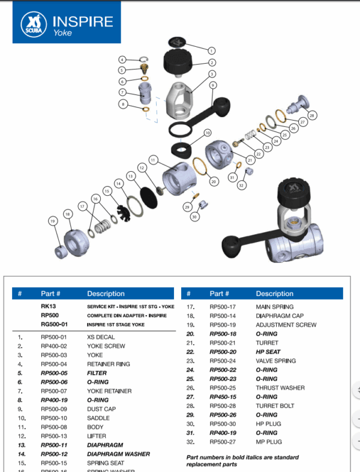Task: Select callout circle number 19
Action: (x=53, y=221)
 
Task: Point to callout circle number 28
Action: (x=311, y=115)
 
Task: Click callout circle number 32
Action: (x=242, y=185)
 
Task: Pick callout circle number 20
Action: (x=214, y=181)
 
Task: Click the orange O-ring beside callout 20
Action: (x=202, y=164)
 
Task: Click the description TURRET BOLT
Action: (x=275, y=406)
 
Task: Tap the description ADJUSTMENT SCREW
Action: (x=286, y=325)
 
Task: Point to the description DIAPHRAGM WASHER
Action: (x=118, y=454)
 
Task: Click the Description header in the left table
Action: (x=106, y=294)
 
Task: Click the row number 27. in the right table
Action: (x=191, y=397)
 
